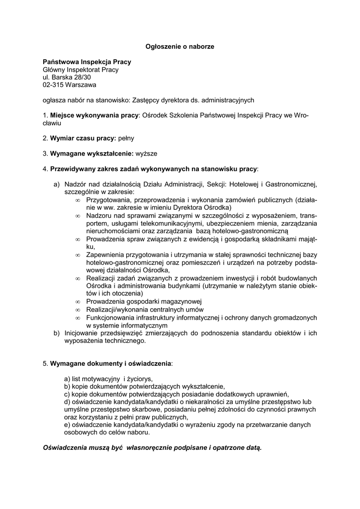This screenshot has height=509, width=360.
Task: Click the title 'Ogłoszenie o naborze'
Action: pyautogui.click(x=180, y=46)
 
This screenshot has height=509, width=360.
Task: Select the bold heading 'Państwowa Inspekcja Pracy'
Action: pyautogui.click(x=87, y=62)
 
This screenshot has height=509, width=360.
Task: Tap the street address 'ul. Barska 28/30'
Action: pyautogui.click(x=67, y=77)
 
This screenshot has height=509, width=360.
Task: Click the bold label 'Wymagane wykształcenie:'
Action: pyautogui.click(x=92, y=153)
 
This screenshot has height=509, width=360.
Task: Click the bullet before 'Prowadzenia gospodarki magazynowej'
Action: pyautogui.click(x=78, y=302)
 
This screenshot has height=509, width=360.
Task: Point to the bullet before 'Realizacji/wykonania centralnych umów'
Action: pyautogui.click(x=78, y=310)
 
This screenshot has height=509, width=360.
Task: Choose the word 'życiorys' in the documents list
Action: pyautogui.click(x=139, y=378)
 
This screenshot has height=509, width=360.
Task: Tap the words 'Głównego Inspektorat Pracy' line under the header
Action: pyautogui.click(x=81, y=70)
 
